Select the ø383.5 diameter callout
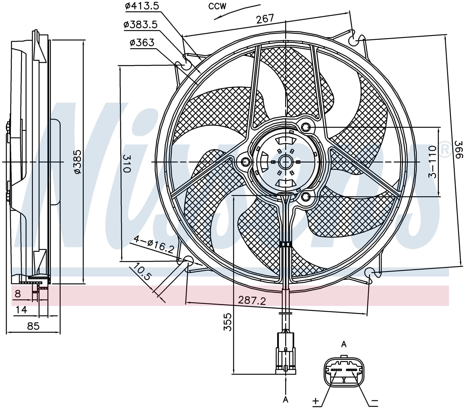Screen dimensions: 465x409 141,25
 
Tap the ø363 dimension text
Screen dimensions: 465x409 142,43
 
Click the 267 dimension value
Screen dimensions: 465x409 265,19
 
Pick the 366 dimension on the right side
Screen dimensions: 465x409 458,150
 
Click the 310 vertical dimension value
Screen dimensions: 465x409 127,163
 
